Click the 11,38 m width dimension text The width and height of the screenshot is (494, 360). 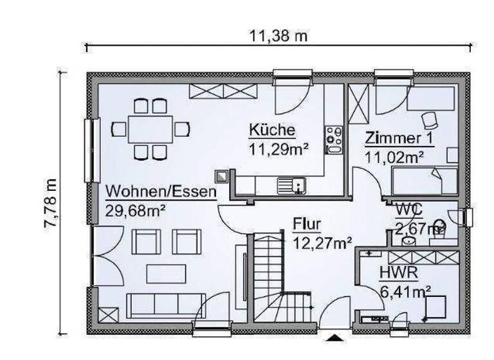(x=279, y=36)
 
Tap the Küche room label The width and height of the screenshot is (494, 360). (x=272, y=130)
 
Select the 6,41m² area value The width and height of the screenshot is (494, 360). (x=405, y=291)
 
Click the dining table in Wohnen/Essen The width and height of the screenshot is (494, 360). (x=150, y=129)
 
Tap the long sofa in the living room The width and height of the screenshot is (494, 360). (x=165, y=305)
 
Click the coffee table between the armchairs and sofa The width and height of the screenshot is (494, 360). (x=165, y=274)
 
